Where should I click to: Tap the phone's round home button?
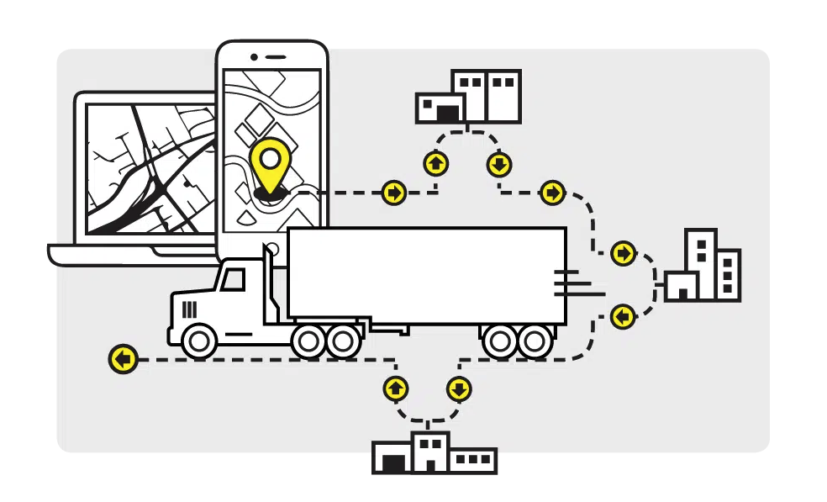coord(271,250)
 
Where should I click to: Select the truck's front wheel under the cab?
coord(200,341)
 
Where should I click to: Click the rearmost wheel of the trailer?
coord(535,341)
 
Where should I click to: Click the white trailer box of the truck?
coord(426,273)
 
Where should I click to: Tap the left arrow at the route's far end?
coord(124,359)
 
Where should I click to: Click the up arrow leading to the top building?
coord(435,163)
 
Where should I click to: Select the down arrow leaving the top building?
coord(499,164)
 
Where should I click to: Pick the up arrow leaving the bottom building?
coord(396,388)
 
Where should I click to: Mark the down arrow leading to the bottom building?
coord(459,389)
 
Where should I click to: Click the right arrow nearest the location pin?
coord(393,193)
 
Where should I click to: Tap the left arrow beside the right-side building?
coord(623,317)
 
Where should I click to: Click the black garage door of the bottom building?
coord(392,461)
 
